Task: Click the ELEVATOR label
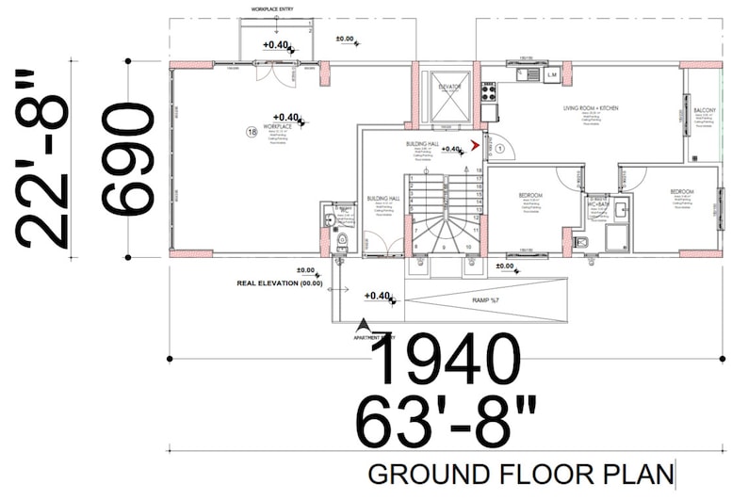(x=449, y=87)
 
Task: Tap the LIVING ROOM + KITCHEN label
(x=591, y=109)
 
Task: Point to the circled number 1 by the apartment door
(x=499, y=148)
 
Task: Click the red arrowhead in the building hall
(x=476, y=146)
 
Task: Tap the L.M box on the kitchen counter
(x=552, y=73)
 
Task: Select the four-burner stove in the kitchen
(x=490, y=91)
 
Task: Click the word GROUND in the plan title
(x=413, y=472)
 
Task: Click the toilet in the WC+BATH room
(x=580, y=243)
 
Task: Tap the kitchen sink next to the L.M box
(x=529, y=73)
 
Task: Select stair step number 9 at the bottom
(x=442, y=247)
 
